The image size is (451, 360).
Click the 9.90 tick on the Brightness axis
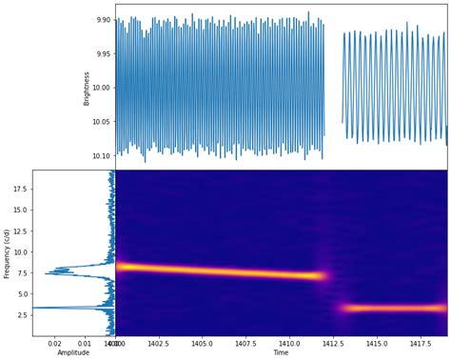[x=101, y=19]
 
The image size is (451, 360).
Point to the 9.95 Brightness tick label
[x=101, y=53]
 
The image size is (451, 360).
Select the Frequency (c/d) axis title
[x=8, y=252]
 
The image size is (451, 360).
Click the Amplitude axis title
[x=73, y=353]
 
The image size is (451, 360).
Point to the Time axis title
[x=281, y=353]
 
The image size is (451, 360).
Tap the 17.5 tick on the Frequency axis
[x=21, y=189]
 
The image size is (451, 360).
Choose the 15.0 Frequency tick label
[x=21, y=210]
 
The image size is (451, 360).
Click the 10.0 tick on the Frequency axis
[x=21, y=252]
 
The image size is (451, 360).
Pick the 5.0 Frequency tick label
[x=24, y=294]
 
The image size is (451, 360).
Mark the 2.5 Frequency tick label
[x=24, y=315]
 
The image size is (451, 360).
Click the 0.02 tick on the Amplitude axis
[x=54, y=343]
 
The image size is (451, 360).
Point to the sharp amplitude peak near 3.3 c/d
[x=38, y=308]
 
